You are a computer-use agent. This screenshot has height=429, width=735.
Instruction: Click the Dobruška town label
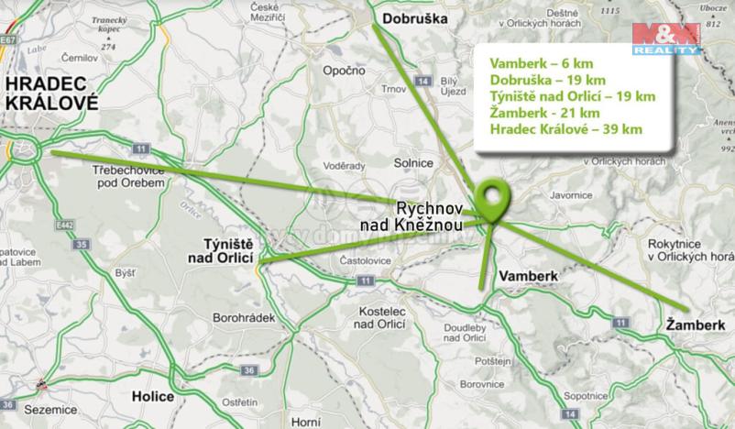tap(413, 17)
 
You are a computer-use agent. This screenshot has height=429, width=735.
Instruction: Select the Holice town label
tap(153, 398)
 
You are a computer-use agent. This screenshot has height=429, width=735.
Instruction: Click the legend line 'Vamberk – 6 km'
tap(535, 62)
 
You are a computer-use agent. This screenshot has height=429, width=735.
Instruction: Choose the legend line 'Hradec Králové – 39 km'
tap(565, 128)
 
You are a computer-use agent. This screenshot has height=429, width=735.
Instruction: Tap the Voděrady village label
tap(346, 166)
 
